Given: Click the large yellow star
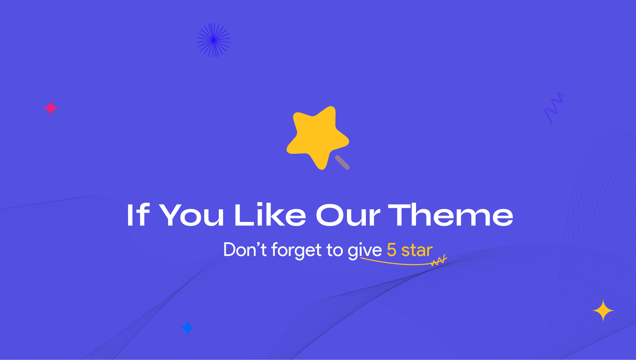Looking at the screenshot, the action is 317,138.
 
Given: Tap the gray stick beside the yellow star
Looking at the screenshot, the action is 342,162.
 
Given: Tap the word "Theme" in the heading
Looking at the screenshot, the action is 451,215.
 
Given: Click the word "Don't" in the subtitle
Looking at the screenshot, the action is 245,250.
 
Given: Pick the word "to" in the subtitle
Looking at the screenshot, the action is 335,250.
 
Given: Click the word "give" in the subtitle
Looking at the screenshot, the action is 365,251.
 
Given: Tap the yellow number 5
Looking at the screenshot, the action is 392,250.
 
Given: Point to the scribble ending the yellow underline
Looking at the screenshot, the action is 439,261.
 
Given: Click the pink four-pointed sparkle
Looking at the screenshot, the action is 51,108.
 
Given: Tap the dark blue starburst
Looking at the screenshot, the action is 213,40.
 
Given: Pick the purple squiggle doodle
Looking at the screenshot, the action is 554,108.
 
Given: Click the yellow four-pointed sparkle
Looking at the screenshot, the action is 603,310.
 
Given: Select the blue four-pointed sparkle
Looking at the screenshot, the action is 188,328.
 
